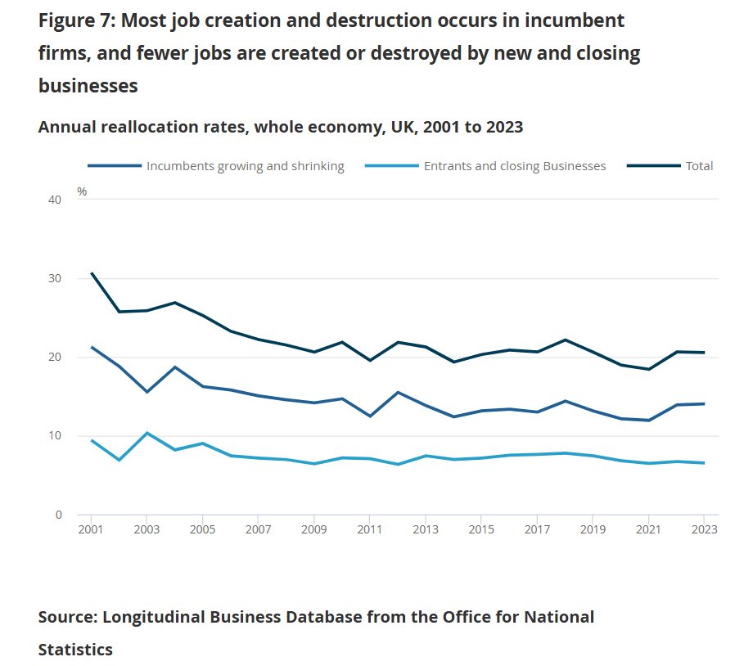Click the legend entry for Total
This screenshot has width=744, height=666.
coord(699,166)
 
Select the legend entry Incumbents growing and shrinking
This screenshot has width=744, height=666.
coord(245,166)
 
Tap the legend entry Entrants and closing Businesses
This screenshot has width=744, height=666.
coord(515,166)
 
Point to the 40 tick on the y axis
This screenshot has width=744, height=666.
coord(56,200)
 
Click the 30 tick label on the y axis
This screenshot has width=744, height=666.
coord(56,278)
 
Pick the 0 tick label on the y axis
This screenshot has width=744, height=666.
coord(59,515)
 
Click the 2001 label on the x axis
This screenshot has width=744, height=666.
coord(92,530)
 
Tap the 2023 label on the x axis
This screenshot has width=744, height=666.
coord(704,530)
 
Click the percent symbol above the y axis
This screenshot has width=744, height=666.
coord(82,191)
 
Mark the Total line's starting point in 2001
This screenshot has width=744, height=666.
coord(92,273)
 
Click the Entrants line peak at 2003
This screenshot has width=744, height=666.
coord(147,432)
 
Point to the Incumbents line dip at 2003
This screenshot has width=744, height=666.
coord(147,392)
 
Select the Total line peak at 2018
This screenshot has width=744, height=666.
coord(565,340)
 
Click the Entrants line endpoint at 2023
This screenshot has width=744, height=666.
coord(704,463)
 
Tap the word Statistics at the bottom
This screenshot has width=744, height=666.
coord(75,650)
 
